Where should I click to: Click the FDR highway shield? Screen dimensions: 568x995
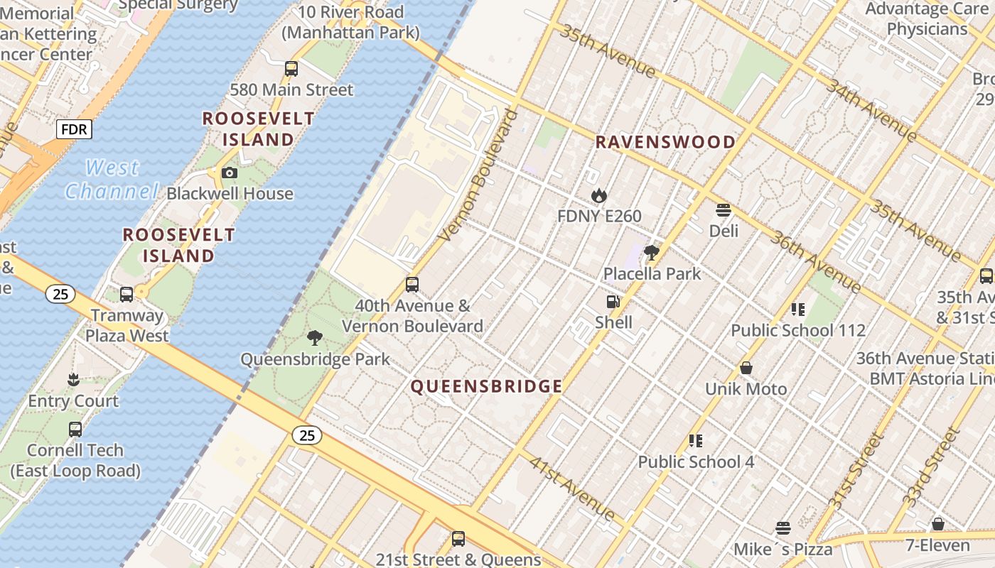(74, 130)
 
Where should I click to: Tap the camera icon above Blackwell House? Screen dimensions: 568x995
(229, 173)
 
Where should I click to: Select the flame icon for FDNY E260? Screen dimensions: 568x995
(599, 195)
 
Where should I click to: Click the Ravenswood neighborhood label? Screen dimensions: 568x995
(665, 142)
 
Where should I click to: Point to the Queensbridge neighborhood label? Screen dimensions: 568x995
(487, 387)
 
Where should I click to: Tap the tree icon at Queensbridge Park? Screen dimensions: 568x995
(314, 338)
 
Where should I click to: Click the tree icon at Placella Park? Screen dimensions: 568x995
(651, 252)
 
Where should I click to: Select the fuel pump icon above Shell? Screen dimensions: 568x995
(613, 302)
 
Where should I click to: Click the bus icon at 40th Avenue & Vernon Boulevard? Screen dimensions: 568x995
(412, 285)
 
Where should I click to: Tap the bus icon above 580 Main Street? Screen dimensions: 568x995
(291, 69)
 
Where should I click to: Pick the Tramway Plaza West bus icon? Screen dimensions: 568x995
(127, 294)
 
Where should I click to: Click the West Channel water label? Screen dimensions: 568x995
(112, 179)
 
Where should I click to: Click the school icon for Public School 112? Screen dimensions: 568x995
(797, 309)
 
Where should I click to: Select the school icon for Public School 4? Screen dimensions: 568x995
(695, 441)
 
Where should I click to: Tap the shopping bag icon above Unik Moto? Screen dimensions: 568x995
(746, 368)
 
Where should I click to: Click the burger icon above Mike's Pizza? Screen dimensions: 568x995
(783, 528)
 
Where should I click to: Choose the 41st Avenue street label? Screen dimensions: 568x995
(572, 488)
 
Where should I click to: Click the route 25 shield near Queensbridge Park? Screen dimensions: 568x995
(307, 435)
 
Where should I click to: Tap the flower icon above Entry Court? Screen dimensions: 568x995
(72, 380)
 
